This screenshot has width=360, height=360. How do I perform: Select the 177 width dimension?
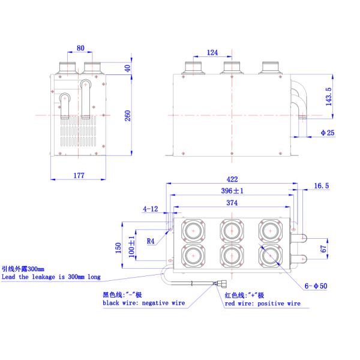79,175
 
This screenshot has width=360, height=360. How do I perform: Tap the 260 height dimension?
127,115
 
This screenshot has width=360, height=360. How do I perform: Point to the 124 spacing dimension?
212,53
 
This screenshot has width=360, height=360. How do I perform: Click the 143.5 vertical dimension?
327,97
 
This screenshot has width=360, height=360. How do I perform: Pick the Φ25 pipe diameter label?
327,133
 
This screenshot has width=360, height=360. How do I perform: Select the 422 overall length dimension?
233,179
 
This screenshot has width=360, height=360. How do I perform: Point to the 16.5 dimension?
322,187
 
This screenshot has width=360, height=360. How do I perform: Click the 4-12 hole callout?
151,209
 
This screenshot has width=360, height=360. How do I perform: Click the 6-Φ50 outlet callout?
315,287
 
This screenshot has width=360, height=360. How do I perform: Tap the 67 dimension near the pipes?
322,248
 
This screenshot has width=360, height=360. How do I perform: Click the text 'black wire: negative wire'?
143,304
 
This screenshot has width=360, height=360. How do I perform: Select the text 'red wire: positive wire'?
262,304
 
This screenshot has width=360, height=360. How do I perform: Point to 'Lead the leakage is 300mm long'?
50,277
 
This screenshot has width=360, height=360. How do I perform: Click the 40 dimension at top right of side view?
127,68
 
